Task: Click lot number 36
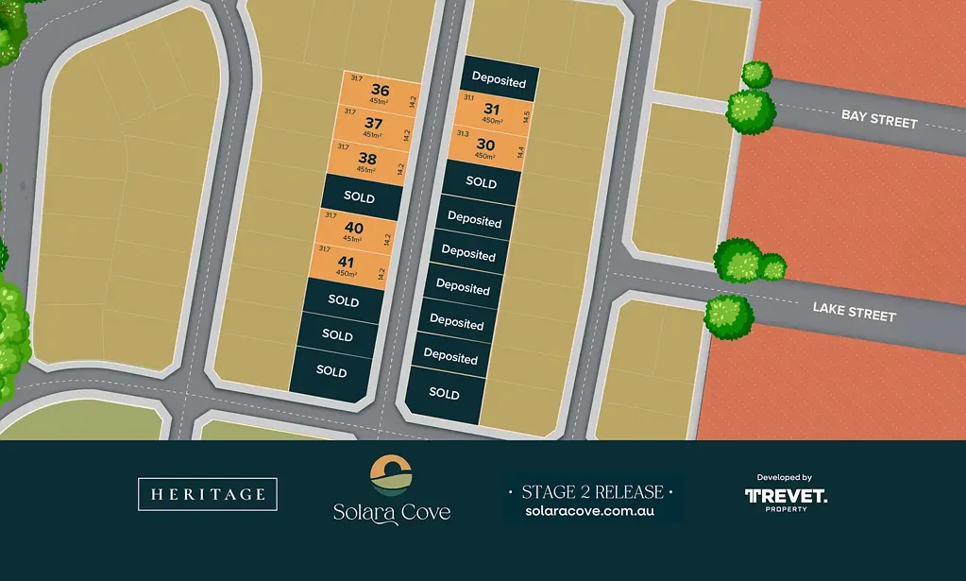click(381, 91)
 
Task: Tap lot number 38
click(367, 159)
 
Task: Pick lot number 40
click(354, 228)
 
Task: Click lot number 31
click(491, 109)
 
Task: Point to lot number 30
click(485, 145)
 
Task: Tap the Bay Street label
click(879, 119)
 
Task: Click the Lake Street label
click(854, 311)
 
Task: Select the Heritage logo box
click(208, 494)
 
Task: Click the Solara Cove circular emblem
click(391, 475)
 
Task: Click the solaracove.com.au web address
click(590, 511)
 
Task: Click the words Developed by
click(785, 478)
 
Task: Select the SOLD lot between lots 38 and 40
click(360, 197)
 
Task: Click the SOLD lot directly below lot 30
click(481, 182)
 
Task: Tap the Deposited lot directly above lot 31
click(499, 81)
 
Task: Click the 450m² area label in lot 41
click(345, 274)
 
